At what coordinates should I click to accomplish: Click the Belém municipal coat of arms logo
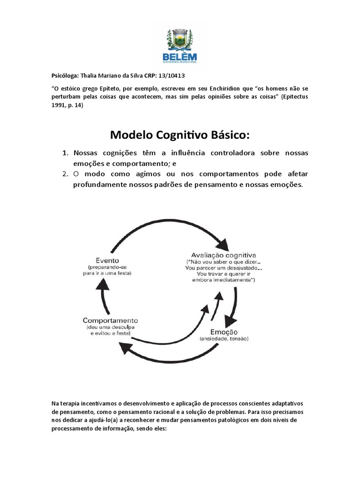pos(179,38)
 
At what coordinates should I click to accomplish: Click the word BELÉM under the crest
pos(179,57)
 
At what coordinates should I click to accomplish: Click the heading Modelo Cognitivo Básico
pos(180,135)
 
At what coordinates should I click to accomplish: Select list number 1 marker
pos(65,154)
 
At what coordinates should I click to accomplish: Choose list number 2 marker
pos(65,174)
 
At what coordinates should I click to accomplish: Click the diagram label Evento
pos(107,260)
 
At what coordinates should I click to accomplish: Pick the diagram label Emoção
pos(224,331)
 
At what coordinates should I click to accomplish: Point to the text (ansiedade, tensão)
pos(224,338)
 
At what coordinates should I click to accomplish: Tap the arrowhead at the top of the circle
pos(221,245)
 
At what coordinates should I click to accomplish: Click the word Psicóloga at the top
pos(65,75)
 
